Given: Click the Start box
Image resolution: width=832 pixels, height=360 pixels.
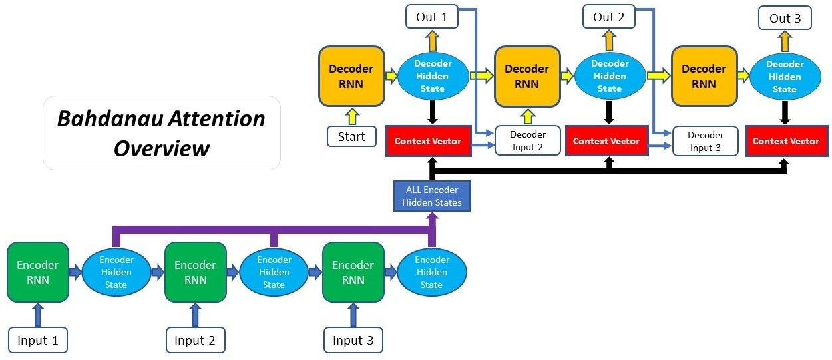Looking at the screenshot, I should [x=351, y=137].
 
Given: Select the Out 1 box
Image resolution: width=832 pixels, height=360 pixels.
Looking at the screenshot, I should [x=431, y=17].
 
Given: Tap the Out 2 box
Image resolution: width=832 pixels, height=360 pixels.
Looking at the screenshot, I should [x=608, y=17].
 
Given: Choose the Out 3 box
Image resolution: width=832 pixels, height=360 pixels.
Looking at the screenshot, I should [x=785, y=18].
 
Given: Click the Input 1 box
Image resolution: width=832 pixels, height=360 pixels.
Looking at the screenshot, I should [x=38, y=341].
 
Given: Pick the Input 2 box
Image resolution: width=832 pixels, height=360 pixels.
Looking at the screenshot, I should [x=195, y=341].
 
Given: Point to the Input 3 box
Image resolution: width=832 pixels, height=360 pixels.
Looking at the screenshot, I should [x=353, y=341].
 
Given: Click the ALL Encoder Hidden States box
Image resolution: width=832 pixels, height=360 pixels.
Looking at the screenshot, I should [x=432, y=196].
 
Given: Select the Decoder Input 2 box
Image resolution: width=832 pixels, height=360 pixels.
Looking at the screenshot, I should [x=528, y=141].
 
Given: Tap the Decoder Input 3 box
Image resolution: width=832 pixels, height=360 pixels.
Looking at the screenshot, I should [x=706, y=141].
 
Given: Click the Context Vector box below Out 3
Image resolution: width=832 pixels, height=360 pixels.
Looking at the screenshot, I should [x=785, y=141].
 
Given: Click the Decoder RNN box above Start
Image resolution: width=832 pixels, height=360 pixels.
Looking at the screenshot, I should [x=351, y=76].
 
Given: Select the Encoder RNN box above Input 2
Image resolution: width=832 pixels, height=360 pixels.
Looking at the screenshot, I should [x=195, y=272].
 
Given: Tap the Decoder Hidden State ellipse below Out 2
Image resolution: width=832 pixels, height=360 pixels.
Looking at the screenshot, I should [x=609, y=76].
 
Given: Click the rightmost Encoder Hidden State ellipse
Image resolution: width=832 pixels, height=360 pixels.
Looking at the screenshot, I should [x=431, y=272].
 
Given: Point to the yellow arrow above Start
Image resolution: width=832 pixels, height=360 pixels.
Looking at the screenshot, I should [x=351, y=116].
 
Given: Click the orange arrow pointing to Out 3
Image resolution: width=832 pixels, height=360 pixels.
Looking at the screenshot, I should [x=785, y=41].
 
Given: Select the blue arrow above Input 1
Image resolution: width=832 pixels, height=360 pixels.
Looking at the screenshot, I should [x=37, y=315].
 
